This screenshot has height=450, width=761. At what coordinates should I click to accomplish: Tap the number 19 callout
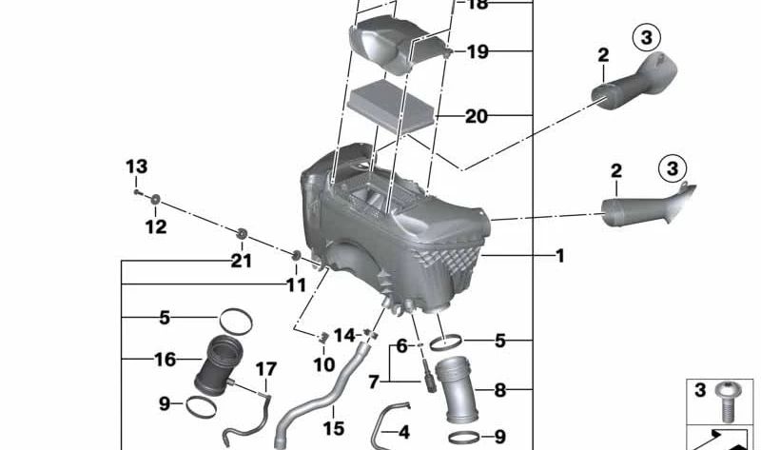tap(477, 51)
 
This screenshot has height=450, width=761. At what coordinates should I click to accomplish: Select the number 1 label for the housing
tap(560, 255)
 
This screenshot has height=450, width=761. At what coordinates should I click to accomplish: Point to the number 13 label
tap(136, 167)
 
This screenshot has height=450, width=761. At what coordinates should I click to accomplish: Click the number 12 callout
tap(155, 226)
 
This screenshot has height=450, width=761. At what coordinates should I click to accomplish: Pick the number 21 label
tap(242, 262)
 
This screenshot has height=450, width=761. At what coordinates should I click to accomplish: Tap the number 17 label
tap(264, 368)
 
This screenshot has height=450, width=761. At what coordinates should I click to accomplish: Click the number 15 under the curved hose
tap(333, 429)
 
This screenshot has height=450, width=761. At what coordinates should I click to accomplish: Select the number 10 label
tap(323, 363)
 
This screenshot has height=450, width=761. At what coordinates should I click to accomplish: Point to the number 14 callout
tap(343, 335)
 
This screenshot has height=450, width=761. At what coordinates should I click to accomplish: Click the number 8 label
tap(499, 389)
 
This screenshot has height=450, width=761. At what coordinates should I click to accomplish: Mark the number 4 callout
tap(403, 433)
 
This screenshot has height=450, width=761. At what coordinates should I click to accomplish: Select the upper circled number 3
tap(645, 38)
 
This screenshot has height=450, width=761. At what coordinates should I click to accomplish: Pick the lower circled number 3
tap(673, 169)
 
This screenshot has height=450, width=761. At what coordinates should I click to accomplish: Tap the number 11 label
tap(296, 284)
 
